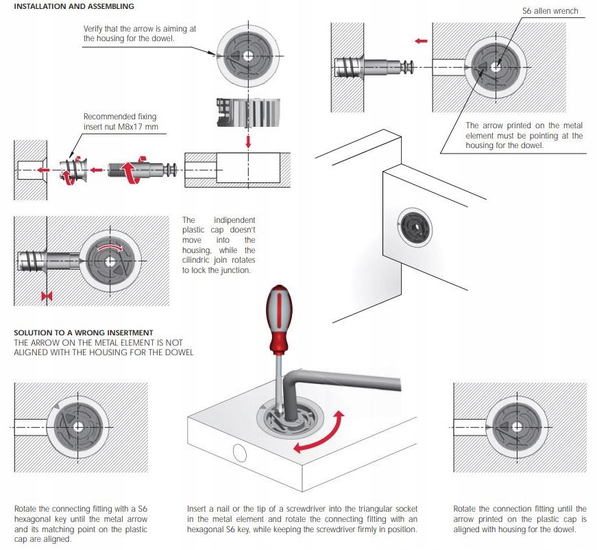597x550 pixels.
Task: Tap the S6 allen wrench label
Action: click(x=550, y=11)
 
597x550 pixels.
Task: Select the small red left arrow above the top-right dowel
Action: click(x=422, y=41)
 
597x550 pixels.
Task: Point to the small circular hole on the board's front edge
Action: click(x=241, y=453)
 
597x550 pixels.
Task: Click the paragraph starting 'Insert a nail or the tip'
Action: click(x=302, y=519)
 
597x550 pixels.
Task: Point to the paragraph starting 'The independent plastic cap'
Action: click(x=219, y=246)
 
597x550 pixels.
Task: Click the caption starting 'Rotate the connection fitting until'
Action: click(x=520, y=519)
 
